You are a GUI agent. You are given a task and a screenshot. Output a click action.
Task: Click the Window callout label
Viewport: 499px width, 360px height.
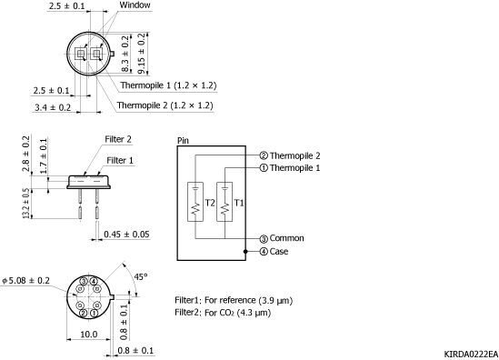(x=135, y=5)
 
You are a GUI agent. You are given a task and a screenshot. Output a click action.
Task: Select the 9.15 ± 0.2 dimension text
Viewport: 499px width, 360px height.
(x=142, y=54)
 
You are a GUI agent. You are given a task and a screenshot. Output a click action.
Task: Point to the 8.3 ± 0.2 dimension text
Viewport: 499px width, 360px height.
(x=125, y=54)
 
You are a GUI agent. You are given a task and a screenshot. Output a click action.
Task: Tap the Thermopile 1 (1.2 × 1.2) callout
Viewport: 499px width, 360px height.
(x=168, y=85)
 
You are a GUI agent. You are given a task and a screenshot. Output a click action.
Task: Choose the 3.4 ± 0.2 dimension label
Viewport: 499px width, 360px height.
(x=53, y=107)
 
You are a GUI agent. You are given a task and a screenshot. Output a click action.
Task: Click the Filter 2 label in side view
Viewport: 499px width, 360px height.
(x=118, y=139)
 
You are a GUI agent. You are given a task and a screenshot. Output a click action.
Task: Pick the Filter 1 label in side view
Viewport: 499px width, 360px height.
(x=120, y=160)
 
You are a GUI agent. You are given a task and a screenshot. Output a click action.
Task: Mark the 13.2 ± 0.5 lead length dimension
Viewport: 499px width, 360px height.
(x=26, y=204)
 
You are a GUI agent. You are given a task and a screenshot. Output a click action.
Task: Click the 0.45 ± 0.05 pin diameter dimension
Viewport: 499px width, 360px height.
(x=126, y=235)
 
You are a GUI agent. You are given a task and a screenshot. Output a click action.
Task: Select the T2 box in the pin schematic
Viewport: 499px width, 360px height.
(x=195, y=202)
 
